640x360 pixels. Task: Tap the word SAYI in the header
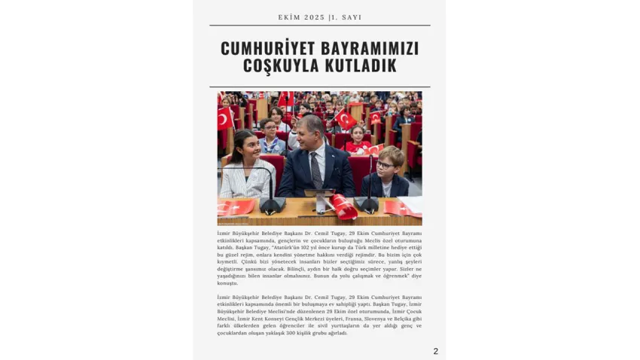[350, 17]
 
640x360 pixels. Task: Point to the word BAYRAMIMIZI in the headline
[370, 48]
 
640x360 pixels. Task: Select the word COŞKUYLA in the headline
[277, 66]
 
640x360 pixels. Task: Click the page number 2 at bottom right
[435, 351]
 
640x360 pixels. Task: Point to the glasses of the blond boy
[384, 166]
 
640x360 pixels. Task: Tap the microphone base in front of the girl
[272, 205]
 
